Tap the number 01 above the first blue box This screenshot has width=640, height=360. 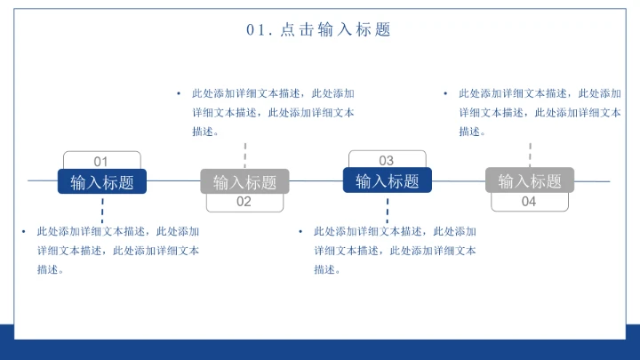[x=101, y=161]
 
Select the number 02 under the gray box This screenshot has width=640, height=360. [x=244, y=202]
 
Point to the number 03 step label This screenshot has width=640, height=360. [x=387, y=160]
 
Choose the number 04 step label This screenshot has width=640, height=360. [x=529, y=202]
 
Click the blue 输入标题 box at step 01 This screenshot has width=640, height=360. [x=101, y=181]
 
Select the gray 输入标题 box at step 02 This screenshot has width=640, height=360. [x=244, y=181]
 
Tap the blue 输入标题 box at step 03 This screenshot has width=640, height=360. [x=387, y=180]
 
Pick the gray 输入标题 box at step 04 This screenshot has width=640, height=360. [x=529, y=180]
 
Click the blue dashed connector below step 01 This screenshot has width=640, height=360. [x=102, y=211]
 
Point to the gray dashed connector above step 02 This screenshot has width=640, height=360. [x=244, y=154]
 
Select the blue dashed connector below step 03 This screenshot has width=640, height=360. [x=387, y=211]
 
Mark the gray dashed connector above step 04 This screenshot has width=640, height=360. [x=530, y=153]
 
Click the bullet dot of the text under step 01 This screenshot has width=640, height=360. [x=25, y=231]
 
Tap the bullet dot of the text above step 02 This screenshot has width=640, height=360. [x=179, y=92]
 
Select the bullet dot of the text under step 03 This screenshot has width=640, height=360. [x=301, y=231]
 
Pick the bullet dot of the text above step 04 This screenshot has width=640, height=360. [x=445, y=92]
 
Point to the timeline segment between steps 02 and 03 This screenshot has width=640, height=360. [x=316, y=181]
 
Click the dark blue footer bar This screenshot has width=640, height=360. [x=320, y=347]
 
